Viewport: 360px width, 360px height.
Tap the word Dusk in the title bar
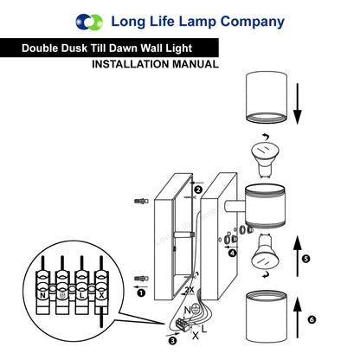coord(85,49)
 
